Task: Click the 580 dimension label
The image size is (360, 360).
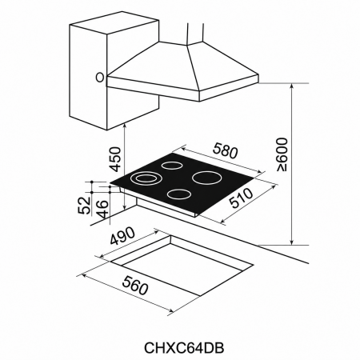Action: [225, 150]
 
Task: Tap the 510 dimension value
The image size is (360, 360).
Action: [242, 198]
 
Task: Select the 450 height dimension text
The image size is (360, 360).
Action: [116, 159]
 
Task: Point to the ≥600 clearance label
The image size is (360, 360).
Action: [282, 154]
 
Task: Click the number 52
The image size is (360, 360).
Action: [84, 206]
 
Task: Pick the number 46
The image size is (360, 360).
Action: [102, 209]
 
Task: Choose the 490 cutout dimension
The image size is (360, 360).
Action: [122, 236]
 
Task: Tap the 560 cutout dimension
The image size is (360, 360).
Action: [134, 286]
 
